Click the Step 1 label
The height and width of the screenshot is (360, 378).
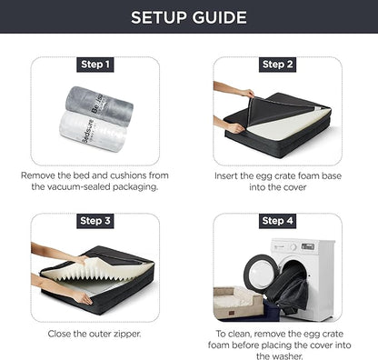(95, 65)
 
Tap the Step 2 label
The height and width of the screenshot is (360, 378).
(277, 65)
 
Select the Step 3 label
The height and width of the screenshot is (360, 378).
(95, 221)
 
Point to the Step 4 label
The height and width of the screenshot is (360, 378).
(277, 221)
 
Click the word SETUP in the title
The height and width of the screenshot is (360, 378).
(159, 17)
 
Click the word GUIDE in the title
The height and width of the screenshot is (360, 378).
(220, 17)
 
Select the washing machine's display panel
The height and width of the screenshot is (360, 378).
(308, 246)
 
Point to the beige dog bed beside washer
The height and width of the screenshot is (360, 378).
(237, 303)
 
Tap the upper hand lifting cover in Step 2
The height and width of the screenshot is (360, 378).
(234, 90)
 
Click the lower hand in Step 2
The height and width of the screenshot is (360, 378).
(230, 125)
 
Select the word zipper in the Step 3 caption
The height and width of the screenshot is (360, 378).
(127, 334)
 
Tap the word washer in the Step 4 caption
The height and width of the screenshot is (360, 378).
(288, 356)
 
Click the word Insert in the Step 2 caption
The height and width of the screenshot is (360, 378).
(225, 175)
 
